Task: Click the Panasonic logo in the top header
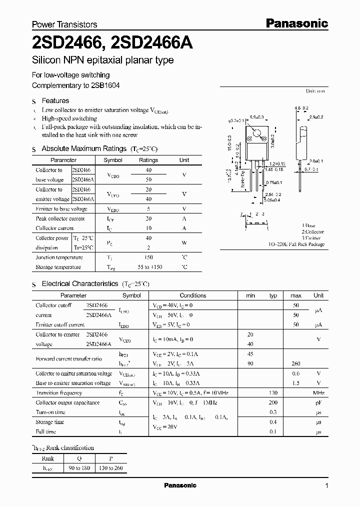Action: point(296,23)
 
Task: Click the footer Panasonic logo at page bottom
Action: point(180,485)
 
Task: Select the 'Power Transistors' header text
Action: point(64,24)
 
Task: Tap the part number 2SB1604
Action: point(105,85)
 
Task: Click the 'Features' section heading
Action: point(55,100)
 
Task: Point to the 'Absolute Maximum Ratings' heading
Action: point(83,148)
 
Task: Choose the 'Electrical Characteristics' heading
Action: point(79,283)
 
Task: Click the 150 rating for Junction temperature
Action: point(148,257)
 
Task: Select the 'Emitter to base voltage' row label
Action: point(61,209)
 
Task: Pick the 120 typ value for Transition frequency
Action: point(273,393)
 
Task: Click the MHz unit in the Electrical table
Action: point(318,393)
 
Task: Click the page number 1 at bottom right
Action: point(327,485)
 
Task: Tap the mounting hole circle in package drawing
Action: point(257,133)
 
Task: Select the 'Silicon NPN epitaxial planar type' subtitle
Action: point(102,60)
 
